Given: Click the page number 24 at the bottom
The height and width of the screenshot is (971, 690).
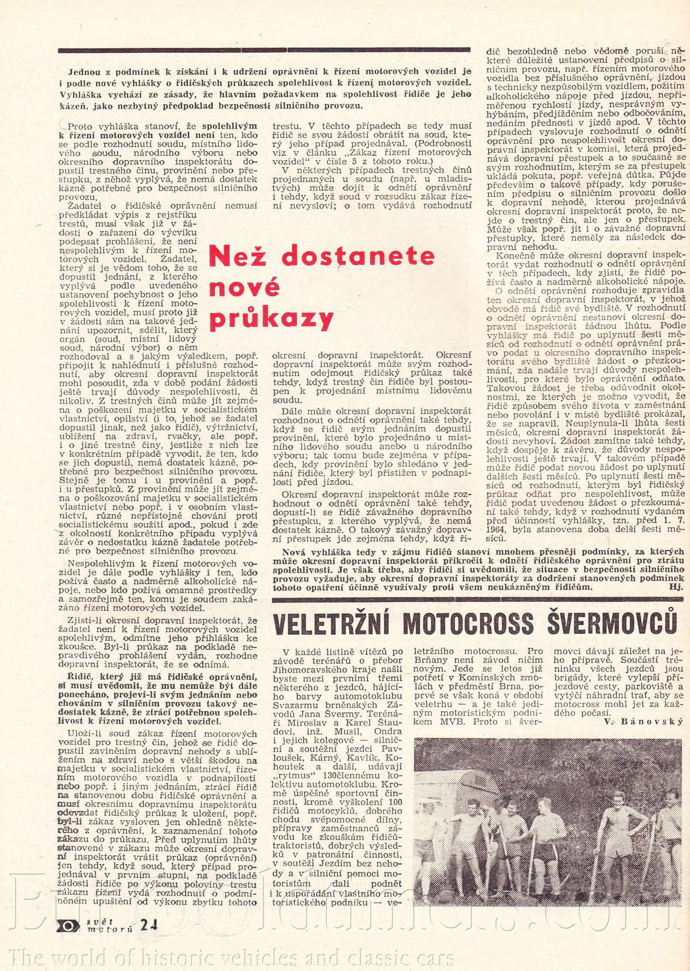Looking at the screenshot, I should point(149,924).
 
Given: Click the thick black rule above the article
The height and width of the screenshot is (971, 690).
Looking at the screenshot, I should point(264,50).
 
